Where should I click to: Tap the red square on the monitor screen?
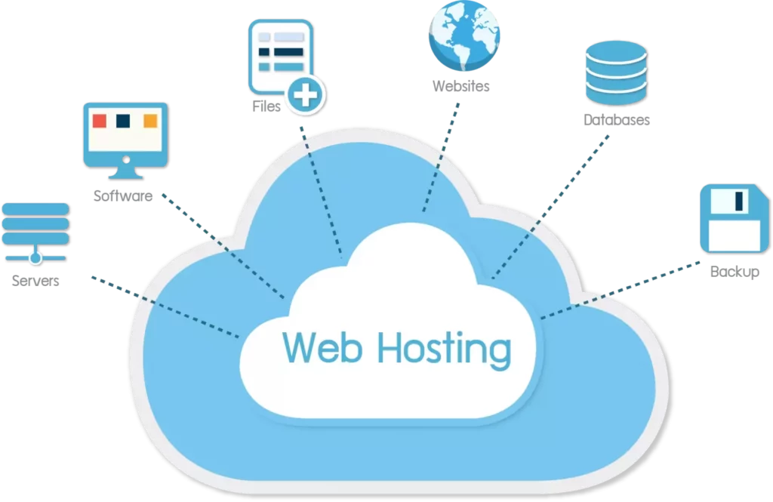point(99,121)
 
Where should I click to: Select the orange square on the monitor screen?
point(150,121)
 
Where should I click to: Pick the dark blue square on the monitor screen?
point(125,121)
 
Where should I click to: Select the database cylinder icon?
point(615,72)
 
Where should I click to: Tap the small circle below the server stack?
point(35,259)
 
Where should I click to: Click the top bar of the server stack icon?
point(35,208)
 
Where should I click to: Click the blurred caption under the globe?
point(462,88)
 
